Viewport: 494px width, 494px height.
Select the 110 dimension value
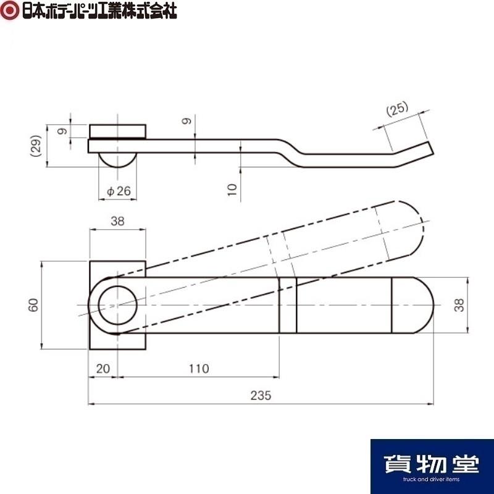click(x=198, y=369)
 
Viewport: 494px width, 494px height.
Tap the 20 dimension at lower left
click(x=103, y=369)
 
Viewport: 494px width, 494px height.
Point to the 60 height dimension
click(x=33, y=305)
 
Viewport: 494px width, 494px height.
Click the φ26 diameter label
click(x=119, y=191)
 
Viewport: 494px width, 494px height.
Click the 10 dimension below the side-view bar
click(x=232, y=188)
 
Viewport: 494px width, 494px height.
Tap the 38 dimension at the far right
click(x=458, y=305)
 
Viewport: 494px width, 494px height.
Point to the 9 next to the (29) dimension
click(x=61, y=131)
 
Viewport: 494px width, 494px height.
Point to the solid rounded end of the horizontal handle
click(x=420, y=306)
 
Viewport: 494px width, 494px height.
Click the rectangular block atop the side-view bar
click(x=118, y=132)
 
